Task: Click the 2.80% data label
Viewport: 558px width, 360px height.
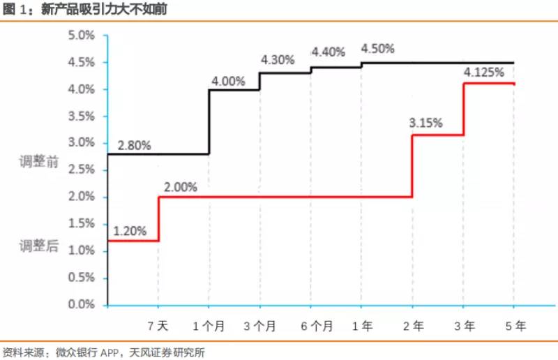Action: tap(135, 146)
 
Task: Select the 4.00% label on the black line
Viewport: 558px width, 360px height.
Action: tap(227, 81)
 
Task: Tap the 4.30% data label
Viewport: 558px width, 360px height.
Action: tap(278, 60)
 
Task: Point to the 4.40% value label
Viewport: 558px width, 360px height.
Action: tap(329, 52)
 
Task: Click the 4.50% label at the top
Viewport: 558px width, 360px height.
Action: tap(377, 49)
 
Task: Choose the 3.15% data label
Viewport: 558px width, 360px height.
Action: tap(426, 123)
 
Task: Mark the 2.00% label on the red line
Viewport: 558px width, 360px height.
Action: tap(181, 187)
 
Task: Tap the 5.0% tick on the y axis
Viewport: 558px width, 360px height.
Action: tap(82, 35)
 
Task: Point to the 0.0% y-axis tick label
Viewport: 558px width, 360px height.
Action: tap(82, 305)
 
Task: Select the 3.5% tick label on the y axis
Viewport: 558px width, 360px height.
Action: tap(82, 116)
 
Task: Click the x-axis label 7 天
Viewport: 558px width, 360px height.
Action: tap(158, 326)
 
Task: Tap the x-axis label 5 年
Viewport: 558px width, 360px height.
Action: tap(515, 326)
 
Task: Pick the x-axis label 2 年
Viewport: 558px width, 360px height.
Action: tap(412, 326)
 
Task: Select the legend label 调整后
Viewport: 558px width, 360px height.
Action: tap(39, 245)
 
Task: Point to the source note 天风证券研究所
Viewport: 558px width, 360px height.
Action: tap(168, 352)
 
